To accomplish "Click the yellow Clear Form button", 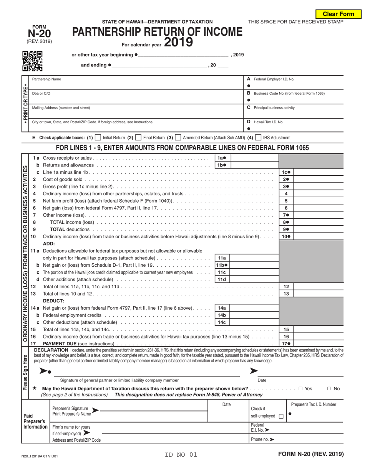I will point(338,14).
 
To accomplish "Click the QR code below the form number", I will point(32,61).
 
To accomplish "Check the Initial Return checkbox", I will point(98,137).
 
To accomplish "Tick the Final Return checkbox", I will point(138,137).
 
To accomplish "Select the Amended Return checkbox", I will point(178,137).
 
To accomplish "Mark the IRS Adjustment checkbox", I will point(259,137).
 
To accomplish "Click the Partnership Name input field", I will point(136,85).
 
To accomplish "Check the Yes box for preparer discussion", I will point(301,389).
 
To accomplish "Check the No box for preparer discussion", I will point(329,389).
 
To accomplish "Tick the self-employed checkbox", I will point(281,416).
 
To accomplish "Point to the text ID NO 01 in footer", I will point(181,455).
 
